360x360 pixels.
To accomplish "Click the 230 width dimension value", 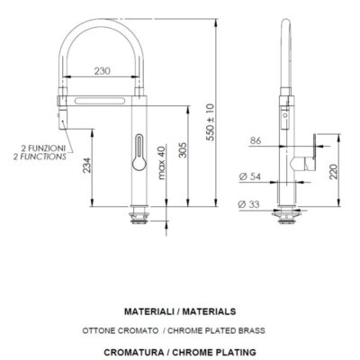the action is [103, 71].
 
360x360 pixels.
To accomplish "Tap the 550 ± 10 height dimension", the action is [211, 122].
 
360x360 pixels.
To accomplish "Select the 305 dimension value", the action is [183, 150].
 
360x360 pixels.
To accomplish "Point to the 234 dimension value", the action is [86, 165].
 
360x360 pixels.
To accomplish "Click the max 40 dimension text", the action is [161, 163].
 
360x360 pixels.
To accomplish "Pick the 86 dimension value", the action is [256, 140].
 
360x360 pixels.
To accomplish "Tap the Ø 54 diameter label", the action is [249, 176].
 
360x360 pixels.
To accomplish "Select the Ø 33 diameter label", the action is [248, 204].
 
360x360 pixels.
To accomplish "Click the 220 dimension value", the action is [334, 172].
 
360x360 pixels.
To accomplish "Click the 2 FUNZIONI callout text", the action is [43, 148].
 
